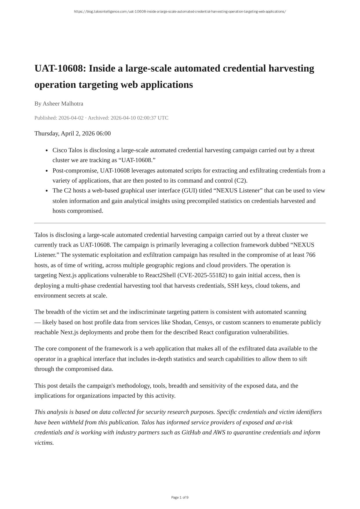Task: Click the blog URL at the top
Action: [x=180, y=12]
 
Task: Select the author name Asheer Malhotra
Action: [x=63, y=103]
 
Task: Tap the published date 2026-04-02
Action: [x=71, y=118]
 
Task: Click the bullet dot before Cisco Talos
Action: [x=47, y=150]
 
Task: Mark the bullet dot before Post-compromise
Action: [x=47, y=171]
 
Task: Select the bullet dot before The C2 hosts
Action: [x=47, y=191]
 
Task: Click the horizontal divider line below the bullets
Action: [x=180, y=223]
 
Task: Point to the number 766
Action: [x=310, y=255]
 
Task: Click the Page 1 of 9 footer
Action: [x=180, y=497]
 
